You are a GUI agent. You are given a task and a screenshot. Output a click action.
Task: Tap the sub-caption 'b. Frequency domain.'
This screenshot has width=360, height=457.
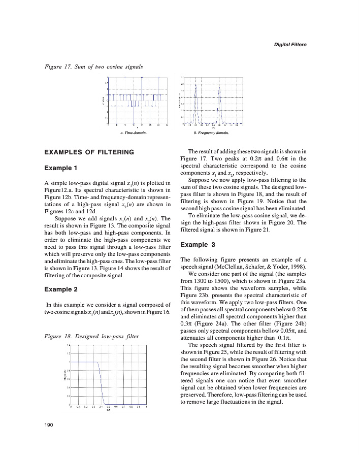tap(211, 133)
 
